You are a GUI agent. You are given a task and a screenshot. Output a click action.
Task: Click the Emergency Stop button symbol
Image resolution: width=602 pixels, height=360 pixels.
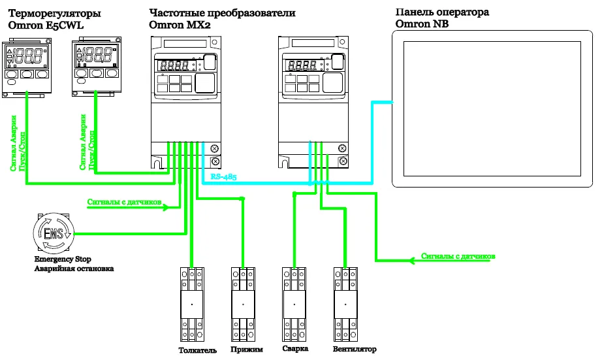pos(54,233)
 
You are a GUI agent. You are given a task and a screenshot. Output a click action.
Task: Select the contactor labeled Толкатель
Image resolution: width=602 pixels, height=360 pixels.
pos(191,304)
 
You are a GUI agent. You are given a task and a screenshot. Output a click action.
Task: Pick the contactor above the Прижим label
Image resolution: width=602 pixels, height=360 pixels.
pos(242,304)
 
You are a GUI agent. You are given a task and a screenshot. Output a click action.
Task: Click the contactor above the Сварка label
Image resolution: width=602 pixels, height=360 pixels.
pos(293,304)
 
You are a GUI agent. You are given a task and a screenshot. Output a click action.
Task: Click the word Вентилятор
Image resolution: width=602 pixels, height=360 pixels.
pos(354,350)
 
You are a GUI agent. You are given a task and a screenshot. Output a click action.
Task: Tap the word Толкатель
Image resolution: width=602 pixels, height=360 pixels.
pos(197,350)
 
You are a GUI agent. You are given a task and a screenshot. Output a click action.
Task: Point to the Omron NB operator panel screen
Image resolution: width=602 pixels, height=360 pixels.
pos(491,108)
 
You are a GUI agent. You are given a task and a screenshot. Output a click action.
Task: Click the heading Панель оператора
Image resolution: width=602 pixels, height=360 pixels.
pos(442,12)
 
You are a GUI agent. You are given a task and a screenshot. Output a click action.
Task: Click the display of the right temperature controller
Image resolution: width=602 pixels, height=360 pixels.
pos(98,56)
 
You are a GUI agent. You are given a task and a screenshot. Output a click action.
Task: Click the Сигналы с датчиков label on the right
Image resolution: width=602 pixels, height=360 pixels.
pos(458,255)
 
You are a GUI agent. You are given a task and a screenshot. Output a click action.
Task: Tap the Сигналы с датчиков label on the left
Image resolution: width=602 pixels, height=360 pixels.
pos(124,202)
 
